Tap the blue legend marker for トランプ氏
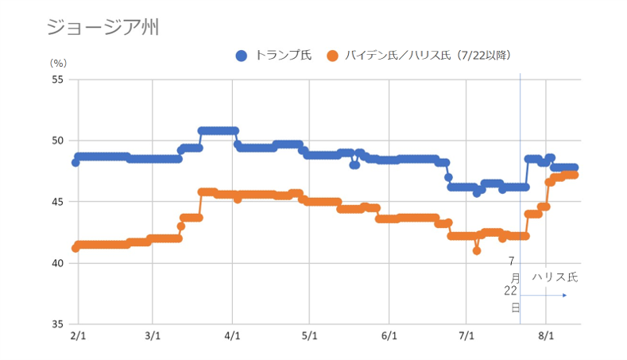click(242, 56)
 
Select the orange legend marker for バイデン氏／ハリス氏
click(333, 56)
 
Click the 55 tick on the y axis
click(56, 79)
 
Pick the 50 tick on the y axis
click(56, 141)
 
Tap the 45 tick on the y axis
click(56, 202)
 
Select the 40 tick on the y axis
click(56, 263)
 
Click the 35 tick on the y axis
click(56, 324)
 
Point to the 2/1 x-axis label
click(78, 336)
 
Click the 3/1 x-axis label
click(154, 336)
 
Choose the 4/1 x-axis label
click(233, 336)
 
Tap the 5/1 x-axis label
click(310, 336)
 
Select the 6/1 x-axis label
click(389, 336)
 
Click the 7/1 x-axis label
click(466, 336)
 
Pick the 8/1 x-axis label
click(546, 336)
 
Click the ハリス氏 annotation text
click(555, 277)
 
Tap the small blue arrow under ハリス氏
click(563, 296)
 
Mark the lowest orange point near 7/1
click(477, 250)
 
